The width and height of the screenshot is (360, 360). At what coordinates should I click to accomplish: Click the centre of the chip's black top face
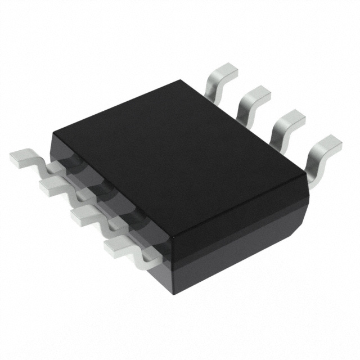coord(180,152)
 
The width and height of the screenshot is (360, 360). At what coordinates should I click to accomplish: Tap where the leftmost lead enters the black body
coord(56,160)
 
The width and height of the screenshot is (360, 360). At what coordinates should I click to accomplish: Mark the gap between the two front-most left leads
coord(112,228)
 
